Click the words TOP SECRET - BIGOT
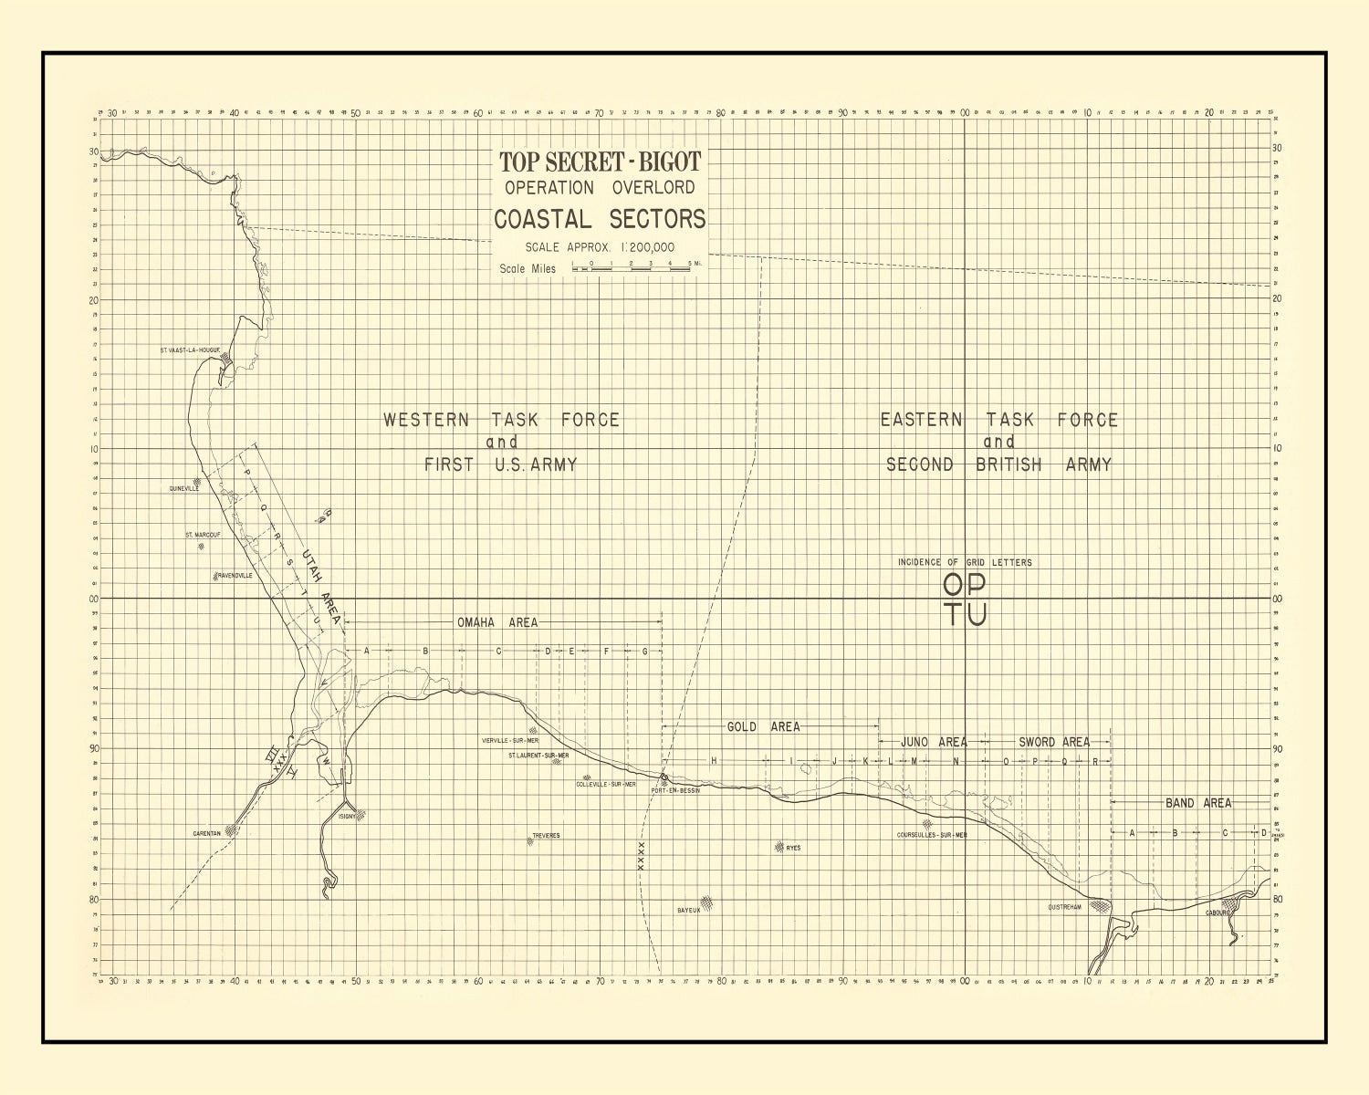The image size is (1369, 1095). (x=600, y=162)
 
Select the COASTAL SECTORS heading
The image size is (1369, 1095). (x=600, y=220)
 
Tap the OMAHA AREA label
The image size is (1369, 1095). (x=497, y=622)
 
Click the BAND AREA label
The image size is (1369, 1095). (x=1197, y=803)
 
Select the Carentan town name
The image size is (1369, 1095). (x=206, y=833)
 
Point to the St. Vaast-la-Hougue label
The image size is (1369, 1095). (x=190, y=349)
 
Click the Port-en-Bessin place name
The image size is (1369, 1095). (x=675, y=790)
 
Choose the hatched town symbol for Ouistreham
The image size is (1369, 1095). (x=1102, y=906)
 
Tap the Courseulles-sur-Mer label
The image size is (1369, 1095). (x=932, y=834)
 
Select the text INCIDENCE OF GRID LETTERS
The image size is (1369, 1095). (x=965, y=562)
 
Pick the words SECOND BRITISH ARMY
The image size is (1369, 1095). (x=999, y=464)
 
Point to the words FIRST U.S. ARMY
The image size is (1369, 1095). (x=501, y=464)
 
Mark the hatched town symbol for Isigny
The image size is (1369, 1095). (x=361, y=815)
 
